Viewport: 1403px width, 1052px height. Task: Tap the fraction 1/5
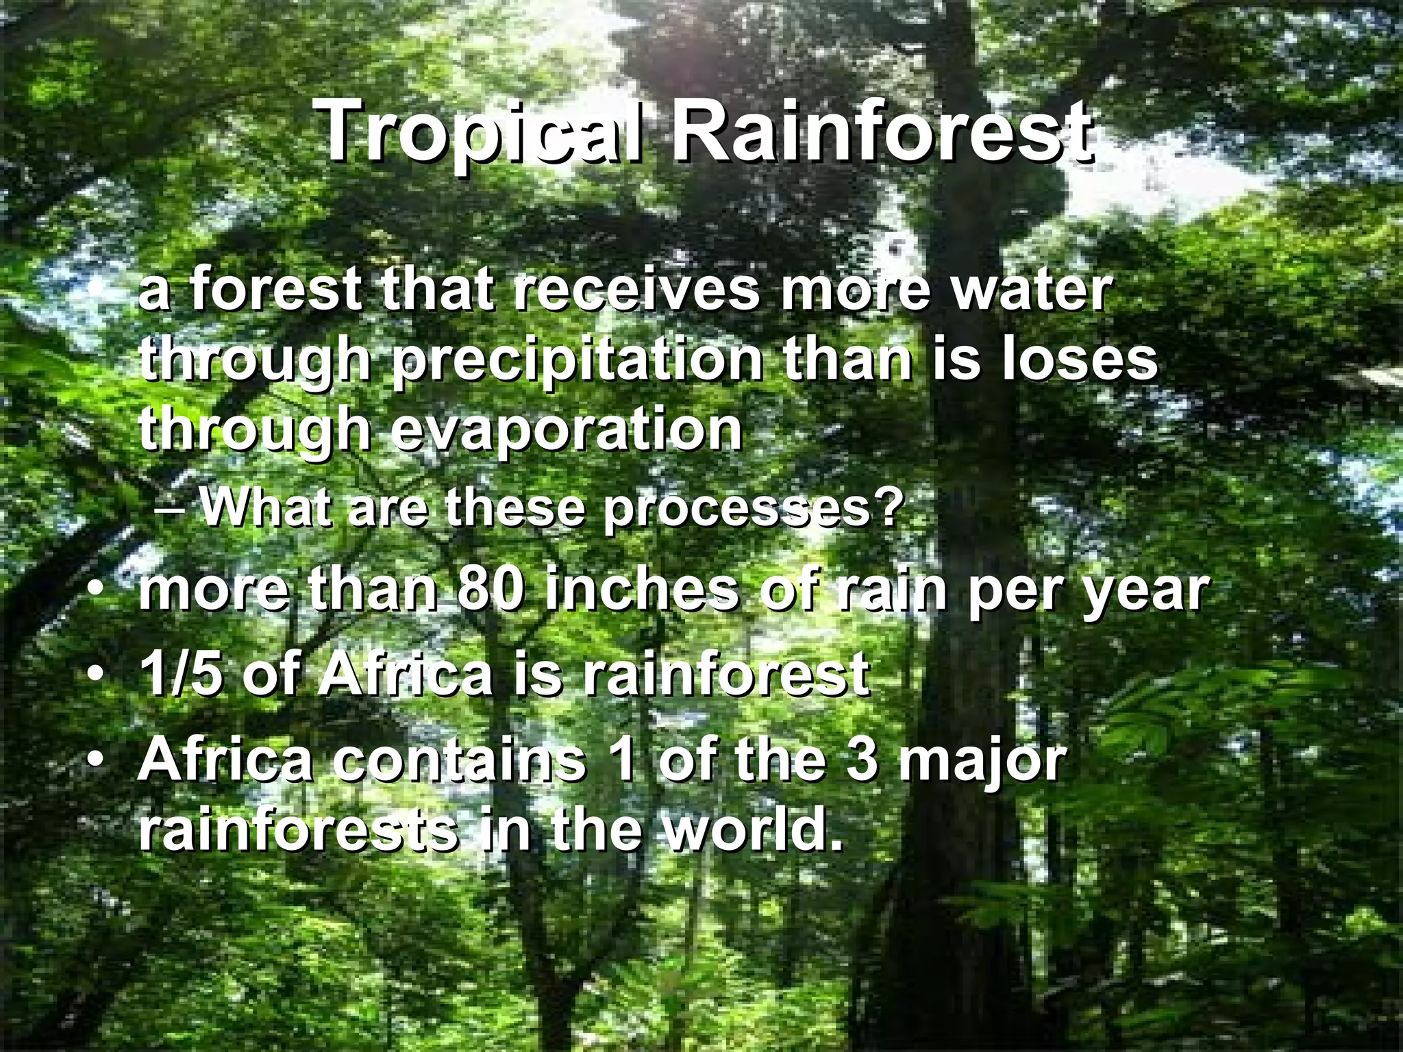tap(182, 675)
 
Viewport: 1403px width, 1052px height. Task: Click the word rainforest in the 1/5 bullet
tap(726, 675)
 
